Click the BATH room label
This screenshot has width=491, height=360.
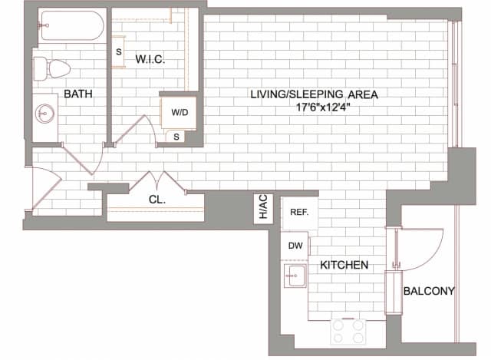tap(78, 94)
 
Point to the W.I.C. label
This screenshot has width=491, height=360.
tap(150, 59)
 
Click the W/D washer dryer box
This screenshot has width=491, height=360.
tap(179, 112)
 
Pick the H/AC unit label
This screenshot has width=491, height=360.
tap(262, 208)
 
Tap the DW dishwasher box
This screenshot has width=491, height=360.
tap(295, 246)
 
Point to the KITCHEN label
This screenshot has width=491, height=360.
tap(344, 265)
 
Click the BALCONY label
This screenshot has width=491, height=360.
tap(429, 291)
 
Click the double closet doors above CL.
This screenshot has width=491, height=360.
tap(157, 183)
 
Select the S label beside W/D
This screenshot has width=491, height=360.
tap(176, 137)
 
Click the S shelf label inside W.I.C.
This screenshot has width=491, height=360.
tap(118, 52)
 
